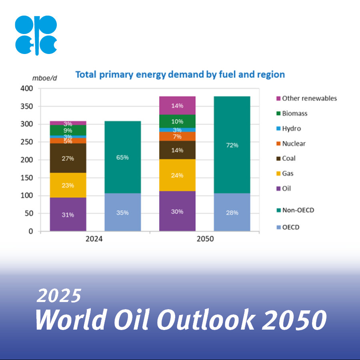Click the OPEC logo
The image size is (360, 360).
click(x=36, y=35)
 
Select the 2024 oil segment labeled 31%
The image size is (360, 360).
click(x=68, y=214)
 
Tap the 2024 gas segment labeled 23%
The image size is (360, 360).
click(x=68, y=185)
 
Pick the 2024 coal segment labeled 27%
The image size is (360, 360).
click(x=68, y=158)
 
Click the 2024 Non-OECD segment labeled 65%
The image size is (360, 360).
click(x=122, y=157)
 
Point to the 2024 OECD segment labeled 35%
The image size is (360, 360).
click(x=122, y=212)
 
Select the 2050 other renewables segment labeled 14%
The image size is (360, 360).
click(x=177, y=106)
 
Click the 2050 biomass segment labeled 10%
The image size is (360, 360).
click(x=177, y=122)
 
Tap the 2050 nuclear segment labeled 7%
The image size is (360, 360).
click(x=177, y=136)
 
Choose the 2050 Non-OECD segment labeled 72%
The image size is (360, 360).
click(x=232, y=145)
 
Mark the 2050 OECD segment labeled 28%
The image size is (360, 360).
click(x=232, y=212)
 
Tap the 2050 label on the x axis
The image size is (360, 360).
click(x=205, y=240)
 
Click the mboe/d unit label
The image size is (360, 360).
click(x=44, y=78)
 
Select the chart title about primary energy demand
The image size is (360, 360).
click(x=180, y=74)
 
